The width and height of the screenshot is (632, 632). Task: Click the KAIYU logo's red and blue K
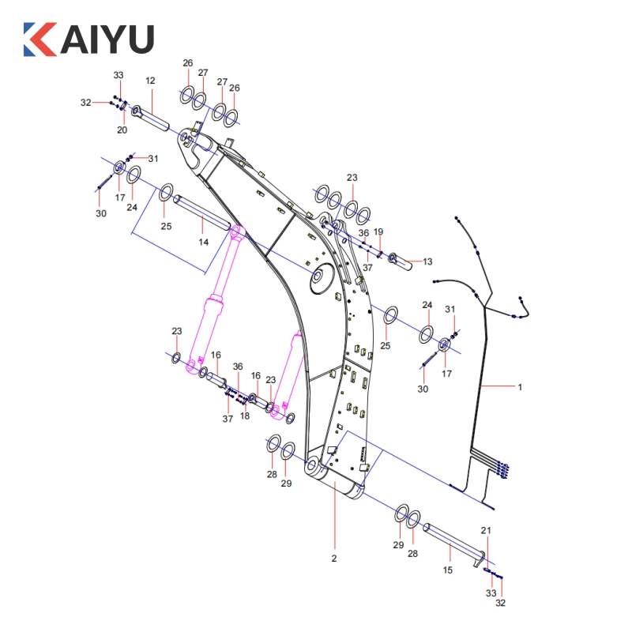pos(40,39)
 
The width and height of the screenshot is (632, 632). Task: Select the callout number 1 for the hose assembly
pos(520,387)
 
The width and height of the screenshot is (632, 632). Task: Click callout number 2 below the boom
pos(334,559)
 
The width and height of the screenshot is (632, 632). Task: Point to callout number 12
pos(150,81)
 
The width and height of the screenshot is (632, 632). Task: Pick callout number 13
pos(427,261)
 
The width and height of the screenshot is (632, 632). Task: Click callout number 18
pos(245,416)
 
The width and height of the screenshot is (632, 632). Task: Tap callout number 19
pos(378,231)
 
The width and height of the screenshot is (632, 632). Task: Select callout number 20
pos(122,130)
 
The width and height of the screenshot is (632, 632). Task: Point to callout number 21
pos(487,530)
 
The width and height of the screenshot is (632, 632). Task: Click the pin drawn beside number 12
pos(153,117)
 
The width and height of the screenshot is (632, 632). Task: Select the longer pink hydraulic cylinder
pos(216,300)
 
